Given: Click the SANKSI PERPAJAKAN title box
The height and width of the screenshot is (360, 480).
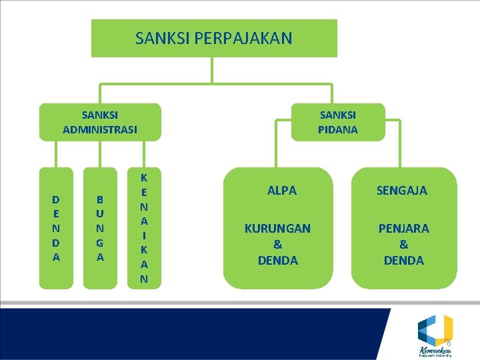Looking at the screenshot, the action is pos(214,38).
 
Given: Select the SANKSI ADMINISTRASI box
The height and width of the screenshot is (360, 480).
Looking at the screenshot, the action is pos(100,122).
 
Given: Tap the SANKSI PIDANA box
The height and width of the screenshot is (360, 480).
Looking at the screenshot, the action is pos(338,122).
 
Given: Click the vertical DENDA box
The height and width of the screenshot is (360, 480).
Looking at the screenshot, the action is pos(56,228).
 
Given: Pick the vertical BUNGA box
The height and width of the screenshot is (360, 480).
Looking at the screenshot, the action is pos(100,228).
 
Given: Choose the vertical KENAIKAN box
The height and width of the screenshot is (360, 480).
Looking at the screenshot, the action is pos(144,228).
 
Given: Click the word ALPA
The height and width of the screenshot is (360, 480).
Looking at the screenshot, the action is pos(282,190).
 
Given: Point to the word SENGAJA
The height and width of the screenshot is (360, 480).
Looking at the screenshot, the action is pos(402,191).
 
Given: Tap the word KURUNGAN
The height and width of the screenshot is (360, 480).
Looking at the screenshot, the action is pos(277,228).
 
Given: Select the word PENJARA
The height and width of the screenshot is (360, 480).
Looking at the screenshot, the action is pos(404,228).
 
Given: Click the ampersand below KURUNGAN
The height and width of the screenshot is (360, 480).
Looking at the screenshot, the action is pos(278,244).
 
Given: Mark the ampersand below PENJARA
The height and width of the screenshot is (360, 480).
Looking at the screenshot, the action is pos(404,244).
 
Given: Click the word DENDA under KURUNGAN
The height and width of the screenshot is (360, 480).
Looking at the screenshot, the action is pos(278,260).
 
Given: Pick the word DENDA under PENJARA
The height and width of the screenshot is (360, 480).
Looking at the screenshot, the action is pos(404,260).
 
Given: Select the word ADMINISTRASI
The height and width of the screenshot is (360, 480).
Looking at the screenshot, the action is pos(100,129).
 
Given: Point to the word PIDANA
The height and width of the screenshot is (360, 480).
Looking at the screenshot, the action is pos(338,129).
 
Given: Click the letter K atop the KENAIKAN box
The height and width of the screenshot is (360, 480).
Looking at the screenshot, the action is pos(144,177).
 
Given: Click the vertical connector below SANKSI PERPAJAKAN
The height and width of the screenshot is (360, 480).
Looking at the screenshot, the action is pos(212,70).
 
